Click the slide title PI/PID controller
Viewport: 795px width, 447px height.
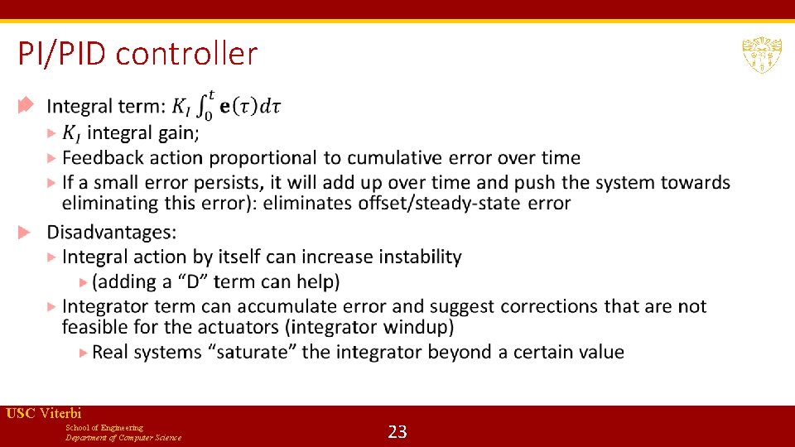point(137,55)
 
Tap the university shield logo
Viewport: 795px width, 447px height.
point(761,55)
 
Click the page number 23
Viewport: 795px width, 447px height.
point(397,431)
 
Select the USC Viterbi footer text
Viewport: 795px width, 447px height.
point(43,413)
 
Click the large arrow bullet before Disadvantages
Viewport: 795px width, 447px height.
point(25,232)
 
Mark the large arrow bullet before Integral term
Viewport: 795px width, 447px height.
point(25,105)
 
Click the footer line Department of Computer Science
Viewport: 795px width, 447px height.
point(123,437)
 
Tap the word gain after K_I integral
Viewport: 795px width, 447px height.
point(177,132)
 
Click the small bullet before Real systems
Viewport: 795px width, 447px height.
point(83,352)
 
